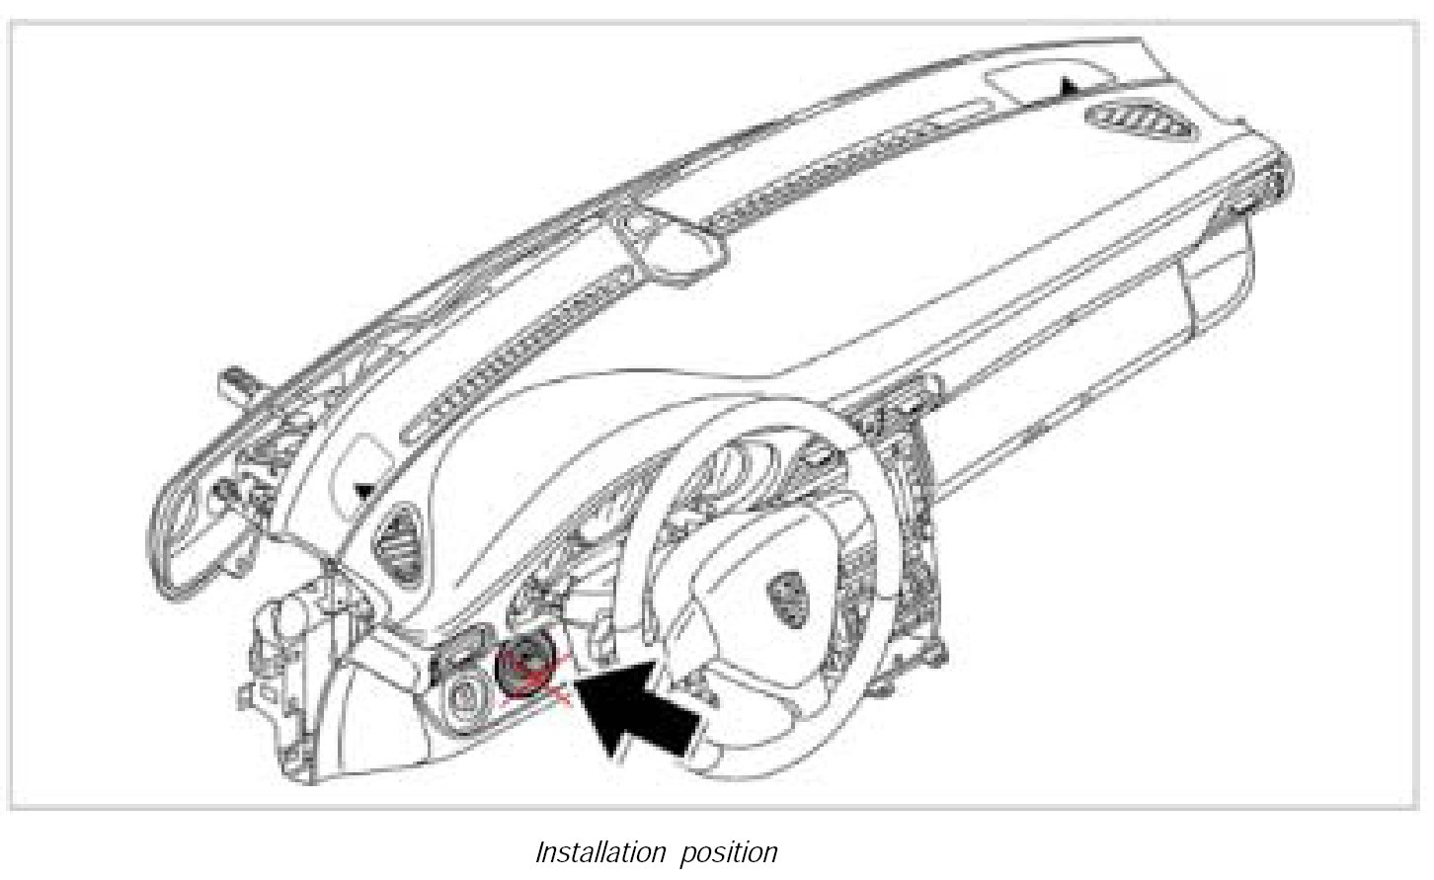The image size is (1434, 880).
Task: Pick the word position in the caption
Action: point(728,852)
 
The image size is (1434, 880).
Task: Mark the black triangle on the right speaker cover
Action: point(1069,89)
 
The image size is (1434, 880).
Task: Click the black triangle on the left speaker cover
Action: point(364,488)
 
